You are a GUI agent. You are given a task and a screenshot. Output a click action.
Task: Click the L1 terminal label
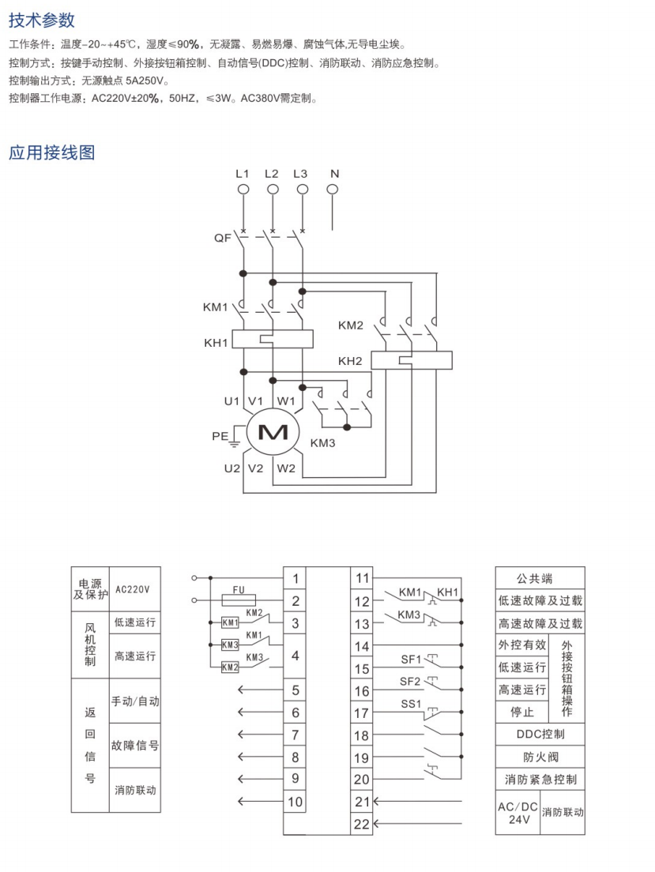pyautogui.click(x=243, y=173)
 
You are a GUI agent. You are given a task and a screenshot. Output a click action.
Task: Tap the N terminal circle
pyautogui.click(x=333, y=189)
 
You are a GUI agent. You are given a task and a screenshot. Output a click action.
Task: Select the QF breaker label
pyautogui.click(x=223, y=237)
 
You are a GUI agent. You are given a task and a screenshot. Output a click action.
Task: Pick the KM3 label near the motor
pyautogui.click(x=322, y=443)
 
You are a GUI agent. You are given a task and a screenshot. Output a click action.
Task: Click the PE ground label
pyautogui.click(x=220, y=434)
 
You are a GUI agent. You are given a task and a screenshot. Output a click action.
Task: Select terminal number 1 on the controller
pyautogui.click(x=295, y=578)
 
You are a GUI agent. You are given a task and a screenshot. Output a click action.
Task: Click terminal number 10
pyautogui.click(x=295, y=802)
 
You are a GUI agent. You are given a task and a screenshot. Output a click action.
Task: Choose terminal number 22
pyautogui.click(x=362, y=825)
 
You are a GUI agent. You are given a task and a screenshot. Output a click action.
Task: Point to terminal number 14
pyautogui.click(x=362, y=646)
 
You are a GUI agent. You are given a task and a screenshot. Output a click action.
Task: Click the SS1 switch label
pyautogui.click(x=412, y=704)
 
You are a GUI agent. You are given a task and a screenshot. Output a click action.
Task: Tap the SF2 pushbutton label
pyautogui.click(x=411, y=681)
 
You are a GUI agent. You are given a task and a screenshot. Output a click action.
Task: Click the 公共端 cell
pyautogui.click(x=540, y=578)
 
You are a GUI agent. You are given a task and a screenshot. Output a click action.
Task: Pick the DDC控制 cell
pyautogui.click(x=540, y=735)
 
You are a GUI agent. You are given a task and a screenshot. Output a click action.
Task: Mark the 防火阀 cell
pyautogui.click(x=540, y=757)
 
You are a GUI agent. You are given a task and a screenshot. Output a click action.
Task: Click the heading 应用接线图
pyautogui.click(x=52, y=152)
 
